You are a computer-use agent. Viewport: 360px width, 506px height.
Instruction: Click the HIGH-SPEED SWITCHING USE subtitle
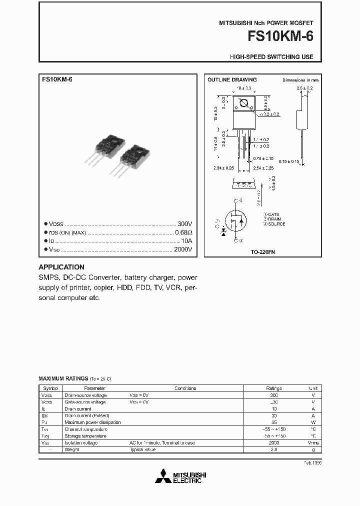tap(271, 57)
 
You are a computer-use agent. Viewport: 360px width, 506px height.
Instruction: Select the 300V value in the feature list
tap(184, 223)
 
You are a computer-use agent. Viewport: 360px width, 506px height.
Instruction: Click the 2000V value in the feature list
tap(183, 249)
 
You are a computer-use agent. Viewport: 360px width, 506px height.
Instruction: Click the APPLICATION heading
tap(61, 267)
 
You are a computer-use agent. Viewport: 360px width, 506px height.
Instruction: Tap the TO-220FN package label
tap(262, 252)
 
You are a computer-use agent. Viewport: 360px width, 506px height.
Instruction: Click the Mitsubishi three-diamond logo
tap(164, 476)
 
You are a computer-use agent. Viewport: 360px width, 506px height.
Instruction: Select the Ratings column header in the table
tap(273, 388)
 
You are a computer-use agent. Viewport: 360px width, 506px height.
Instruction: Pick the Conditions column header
tap(185, 388)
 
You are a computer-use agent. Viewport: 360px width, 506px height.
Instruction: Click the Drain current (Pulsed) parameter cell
tap(87, 415)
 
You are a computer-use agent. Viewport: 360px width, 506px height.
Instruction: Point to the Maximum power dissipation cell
tap(92, 422)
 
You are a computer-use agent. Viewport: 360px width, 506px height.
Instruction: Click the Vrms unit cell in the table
tap(313, 443)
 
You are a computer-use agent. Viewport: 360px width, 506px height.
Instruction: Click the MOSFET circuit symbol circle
tap(235, 220)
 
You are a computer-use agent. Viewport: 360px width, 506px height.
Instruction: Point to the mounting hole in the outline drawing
tap(244, 104)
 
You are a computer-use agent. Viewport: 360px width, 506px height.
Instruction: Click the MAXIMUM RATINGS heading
tap(63, 378)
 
